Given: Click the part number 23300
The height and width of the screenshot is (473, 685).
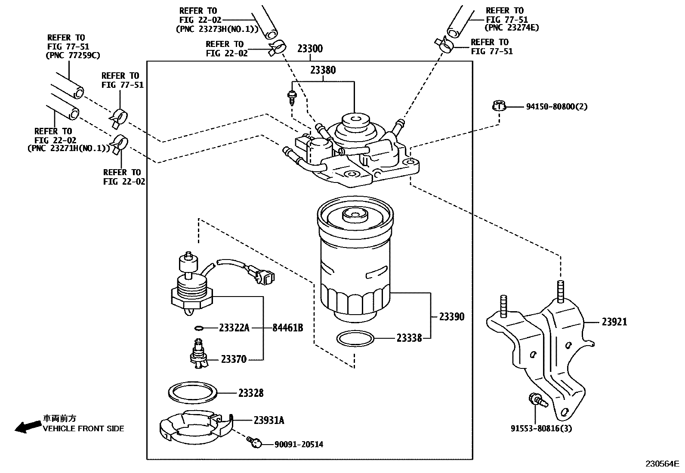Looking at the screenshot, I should click(x=310, y=49).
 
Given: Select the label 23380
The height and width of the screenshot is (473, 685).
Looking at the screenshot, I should click(x=323, y=70).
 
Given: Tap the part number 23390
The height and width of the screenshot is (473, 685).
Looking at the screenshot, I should click(x=451, y=317).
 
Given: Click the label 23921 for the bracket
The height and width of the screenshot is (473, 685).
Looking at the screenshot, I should click(x=614, y=322).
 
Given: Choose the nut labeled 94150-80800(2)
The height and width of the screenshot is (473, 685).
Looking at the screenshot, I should click(x=498, y=105).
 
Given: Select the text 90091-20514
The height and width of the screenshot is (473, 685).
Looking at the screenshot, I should click(x=299, y=445).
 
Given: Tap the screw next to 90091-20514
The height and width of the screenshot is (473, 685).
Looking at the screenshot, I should click(x=255, y=442).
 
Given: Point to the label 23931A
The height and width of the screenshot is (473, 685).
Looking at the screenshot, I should click(x=268, y=420).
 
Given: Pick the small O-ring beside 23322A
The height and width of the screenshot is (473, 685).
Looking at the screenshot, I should click(x=198, y=328).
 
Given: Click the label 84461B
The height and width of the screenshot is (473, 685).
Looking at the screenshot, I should click(x=288, y=328).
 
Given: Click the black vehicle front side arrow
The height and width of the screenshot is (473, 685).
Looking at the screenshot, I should click(x=25, y=427).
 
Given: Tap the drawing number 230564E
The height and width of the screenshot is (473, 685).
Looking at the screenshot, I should click(x=661, y=464).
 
